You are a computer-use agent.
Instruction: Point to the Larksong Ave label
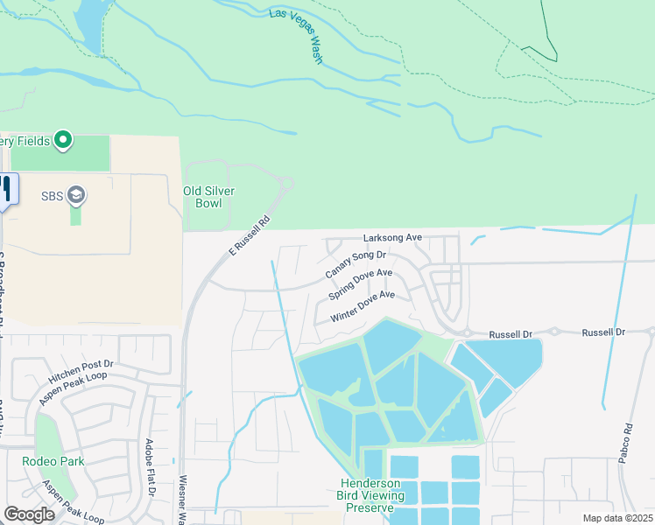393,237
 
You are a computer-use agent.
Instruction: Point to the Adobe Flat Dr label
150,479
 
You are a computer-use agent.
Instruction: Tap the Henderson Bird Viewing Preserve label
371,495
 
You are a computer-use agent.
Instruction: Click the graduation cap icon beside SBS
76,194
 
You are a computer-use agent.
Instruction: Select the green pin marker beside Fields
62,140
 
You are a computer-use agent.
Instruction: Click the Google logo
29,514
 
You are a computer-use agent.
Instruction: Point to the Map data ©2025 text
617,518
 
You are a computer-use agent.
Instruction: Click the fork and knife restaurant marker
5,187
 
